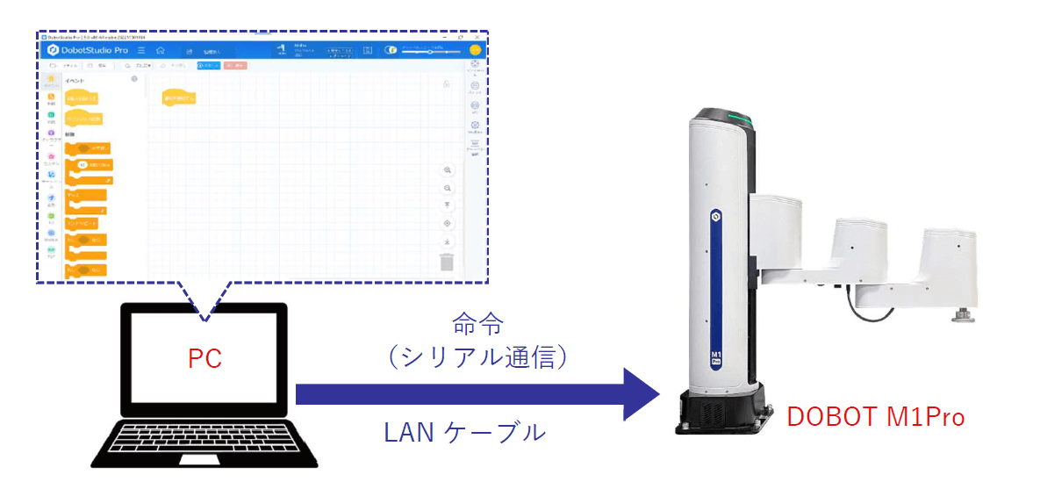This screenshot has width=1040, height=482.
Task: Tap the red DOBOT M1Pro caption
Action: tap(875, 416)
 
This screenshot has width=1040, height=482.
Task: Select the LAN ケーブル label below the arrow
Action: tap(465, 431)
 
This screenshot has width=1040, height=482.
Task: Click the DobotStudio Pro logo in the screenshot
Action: tap(89, 51)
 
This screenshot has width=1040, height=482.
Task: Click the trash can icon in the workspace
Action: tap(447, 262)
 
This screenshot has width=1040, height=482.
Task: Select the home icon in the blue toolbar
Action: tap(161, 51)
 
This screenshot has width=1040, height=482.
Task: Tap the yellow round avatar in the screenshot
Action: tap(475, 50)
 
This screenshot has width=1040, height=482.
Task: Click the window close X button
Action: tap(476, 37)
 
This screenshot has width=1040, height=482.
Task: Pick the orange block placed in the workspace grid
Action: tap(179, 98)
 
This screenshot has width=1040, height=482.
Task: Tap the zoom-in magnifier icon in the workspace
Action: tap(447, 169)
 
